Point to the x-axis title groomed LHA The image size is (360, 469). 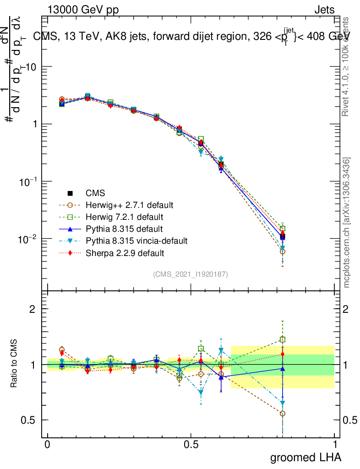point(305,457)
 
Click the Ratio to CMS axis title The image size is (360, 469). point(15,364)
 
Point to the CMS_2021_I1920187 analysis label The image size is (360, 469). point(191,274)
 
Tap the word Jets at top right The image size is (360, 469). point(324,10)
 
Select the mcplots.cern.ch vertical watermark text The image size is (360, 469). point(347,223)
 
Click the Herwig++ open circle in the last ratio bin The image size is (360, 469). point(283,414)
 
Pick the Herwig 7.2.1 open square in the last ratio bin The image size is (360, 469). point(283,340)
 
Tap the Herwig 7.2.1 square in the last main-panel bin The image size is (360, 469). point(283,229)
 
